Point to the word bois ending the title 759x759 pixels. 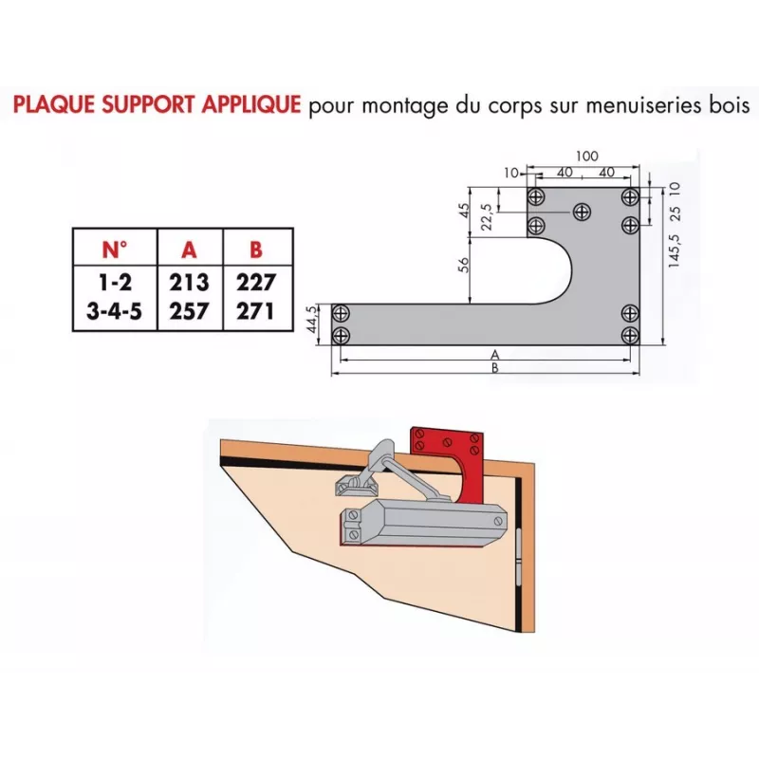726,104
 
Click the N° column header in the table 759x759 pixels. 114,250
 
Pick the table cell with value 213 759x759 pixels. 189,283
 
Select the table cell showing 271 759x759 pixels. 256,310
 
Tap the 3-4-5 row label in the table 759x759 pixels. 114,310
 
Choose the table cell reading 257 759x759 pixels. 189,310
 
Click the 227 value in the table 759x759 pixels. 256,283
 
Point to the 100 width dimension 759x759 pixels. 587,155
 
